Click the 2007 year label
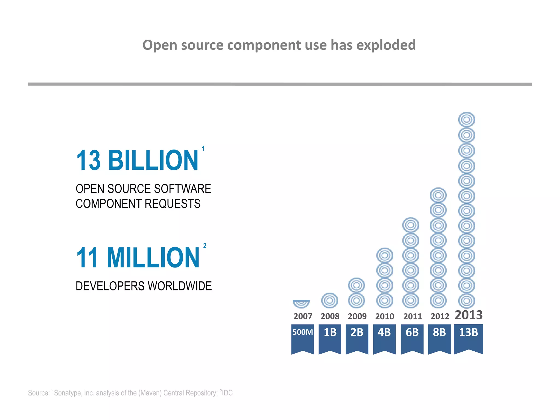click(x=303, y=316)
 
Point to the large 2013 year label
click(x=469, y=315)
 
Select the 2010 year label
click(x=384, y=316)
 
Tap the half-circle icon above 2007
click(x=301, y=303)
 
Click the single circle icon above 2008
click(x=329, y=301)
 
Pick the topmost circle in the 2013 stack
click(x=466, y=120)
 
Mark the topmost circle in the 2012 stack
click(x=438, y=196)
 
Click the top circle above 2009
click(x=356, y=285)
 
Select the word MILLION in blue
click(x=153, y=258)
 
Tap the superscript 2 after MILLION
click(x=205, y=246)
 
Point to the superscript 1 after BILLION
click(x=203, y=148)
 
